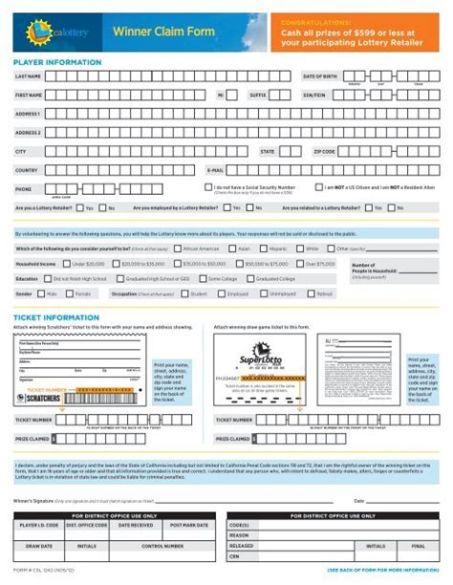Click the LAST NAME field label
(27, 76)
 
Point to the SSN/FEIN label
(314, 96)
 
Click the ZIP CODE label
(324, 152)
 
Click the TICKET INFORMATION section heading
(52, 316)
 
